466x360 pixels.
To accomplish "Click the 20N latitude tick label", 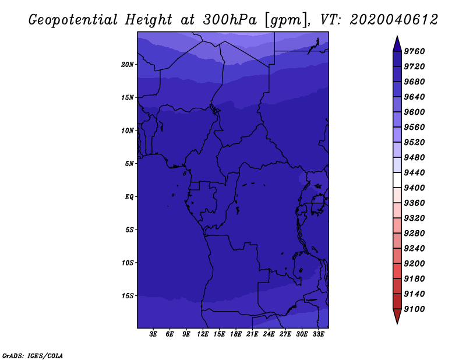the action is click(x=127, y=65).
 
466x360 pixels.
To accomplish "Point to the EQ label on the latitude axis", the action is click(x=129, y=197).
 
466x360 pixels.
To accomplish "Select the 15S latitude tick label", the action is click(x=127, y=296).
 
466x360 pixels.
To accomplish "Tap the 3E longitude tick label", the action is click(x=153, y=334).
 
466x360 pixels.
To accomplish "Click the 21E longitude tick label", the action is click(x=252, y=334).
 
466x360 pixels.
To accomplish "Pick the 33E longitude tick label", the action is click(x=318, y=334).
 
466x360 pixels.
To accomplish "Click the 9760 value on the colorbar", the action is click(x=414, y=51).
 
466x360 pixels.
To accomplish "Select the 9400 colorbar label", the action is click(x=414, y=188).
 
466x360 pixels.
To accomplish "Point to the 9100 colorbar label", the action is click(x=414, y=309).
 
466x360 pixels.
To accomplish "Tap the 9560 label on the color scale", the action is click(x=414, y=127).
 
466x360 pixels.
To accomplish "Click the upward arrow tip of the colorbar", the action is click(x=397, y=36).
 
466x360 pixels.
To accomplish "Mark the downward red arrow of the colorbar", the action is click(x=397, y=316).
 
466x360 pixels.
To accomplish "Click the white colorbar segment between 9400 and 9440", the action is click(x=397, y=180).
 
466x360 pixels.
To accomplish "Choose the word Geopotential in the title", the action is click(x=73, y=20).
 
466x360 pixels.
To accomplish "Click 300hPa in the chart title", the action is click(x=230, y=20).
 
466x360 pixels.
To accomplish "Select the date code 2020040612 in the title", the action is click(x=394, y=20).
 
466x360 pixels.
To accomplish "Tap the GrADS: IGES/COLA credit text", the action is click(x=33, y=356).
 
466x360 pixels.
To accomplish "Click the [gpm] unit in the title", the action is click(x=285, y=20).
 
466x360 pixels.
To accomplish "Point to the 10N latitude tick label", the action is click(x=127, y=130).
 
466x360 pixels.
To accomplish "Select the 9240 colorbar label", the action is click(x=414, y=249).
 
